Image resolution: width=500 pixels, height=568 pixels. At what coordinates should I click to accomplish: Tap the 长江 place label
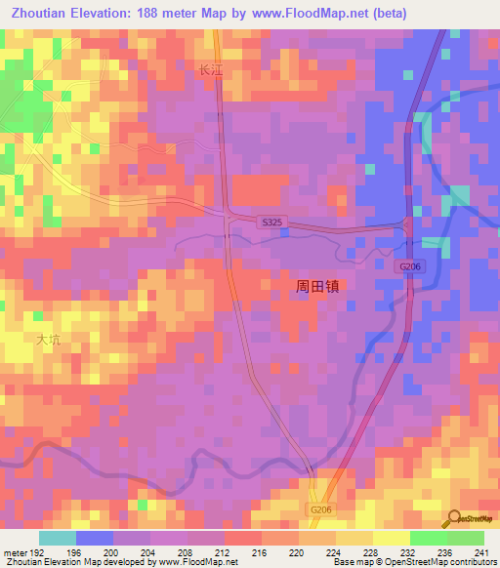[212, 70]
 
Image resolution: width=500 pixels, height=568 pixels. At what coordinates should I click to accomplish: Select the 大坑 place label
[48, 340]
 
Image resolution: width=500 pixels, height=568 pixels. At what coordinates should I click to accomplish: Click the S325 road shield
[272, 223]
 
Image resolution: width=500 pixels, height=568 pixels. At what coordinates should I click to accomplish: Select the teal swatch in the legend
[57, 538]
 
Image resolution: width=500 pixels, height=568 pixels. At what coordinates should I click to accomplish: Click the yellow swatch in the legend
[391, 538]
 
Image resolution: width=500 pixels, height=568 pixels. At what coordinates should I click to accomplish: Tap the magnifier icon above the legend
[452, 516]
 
